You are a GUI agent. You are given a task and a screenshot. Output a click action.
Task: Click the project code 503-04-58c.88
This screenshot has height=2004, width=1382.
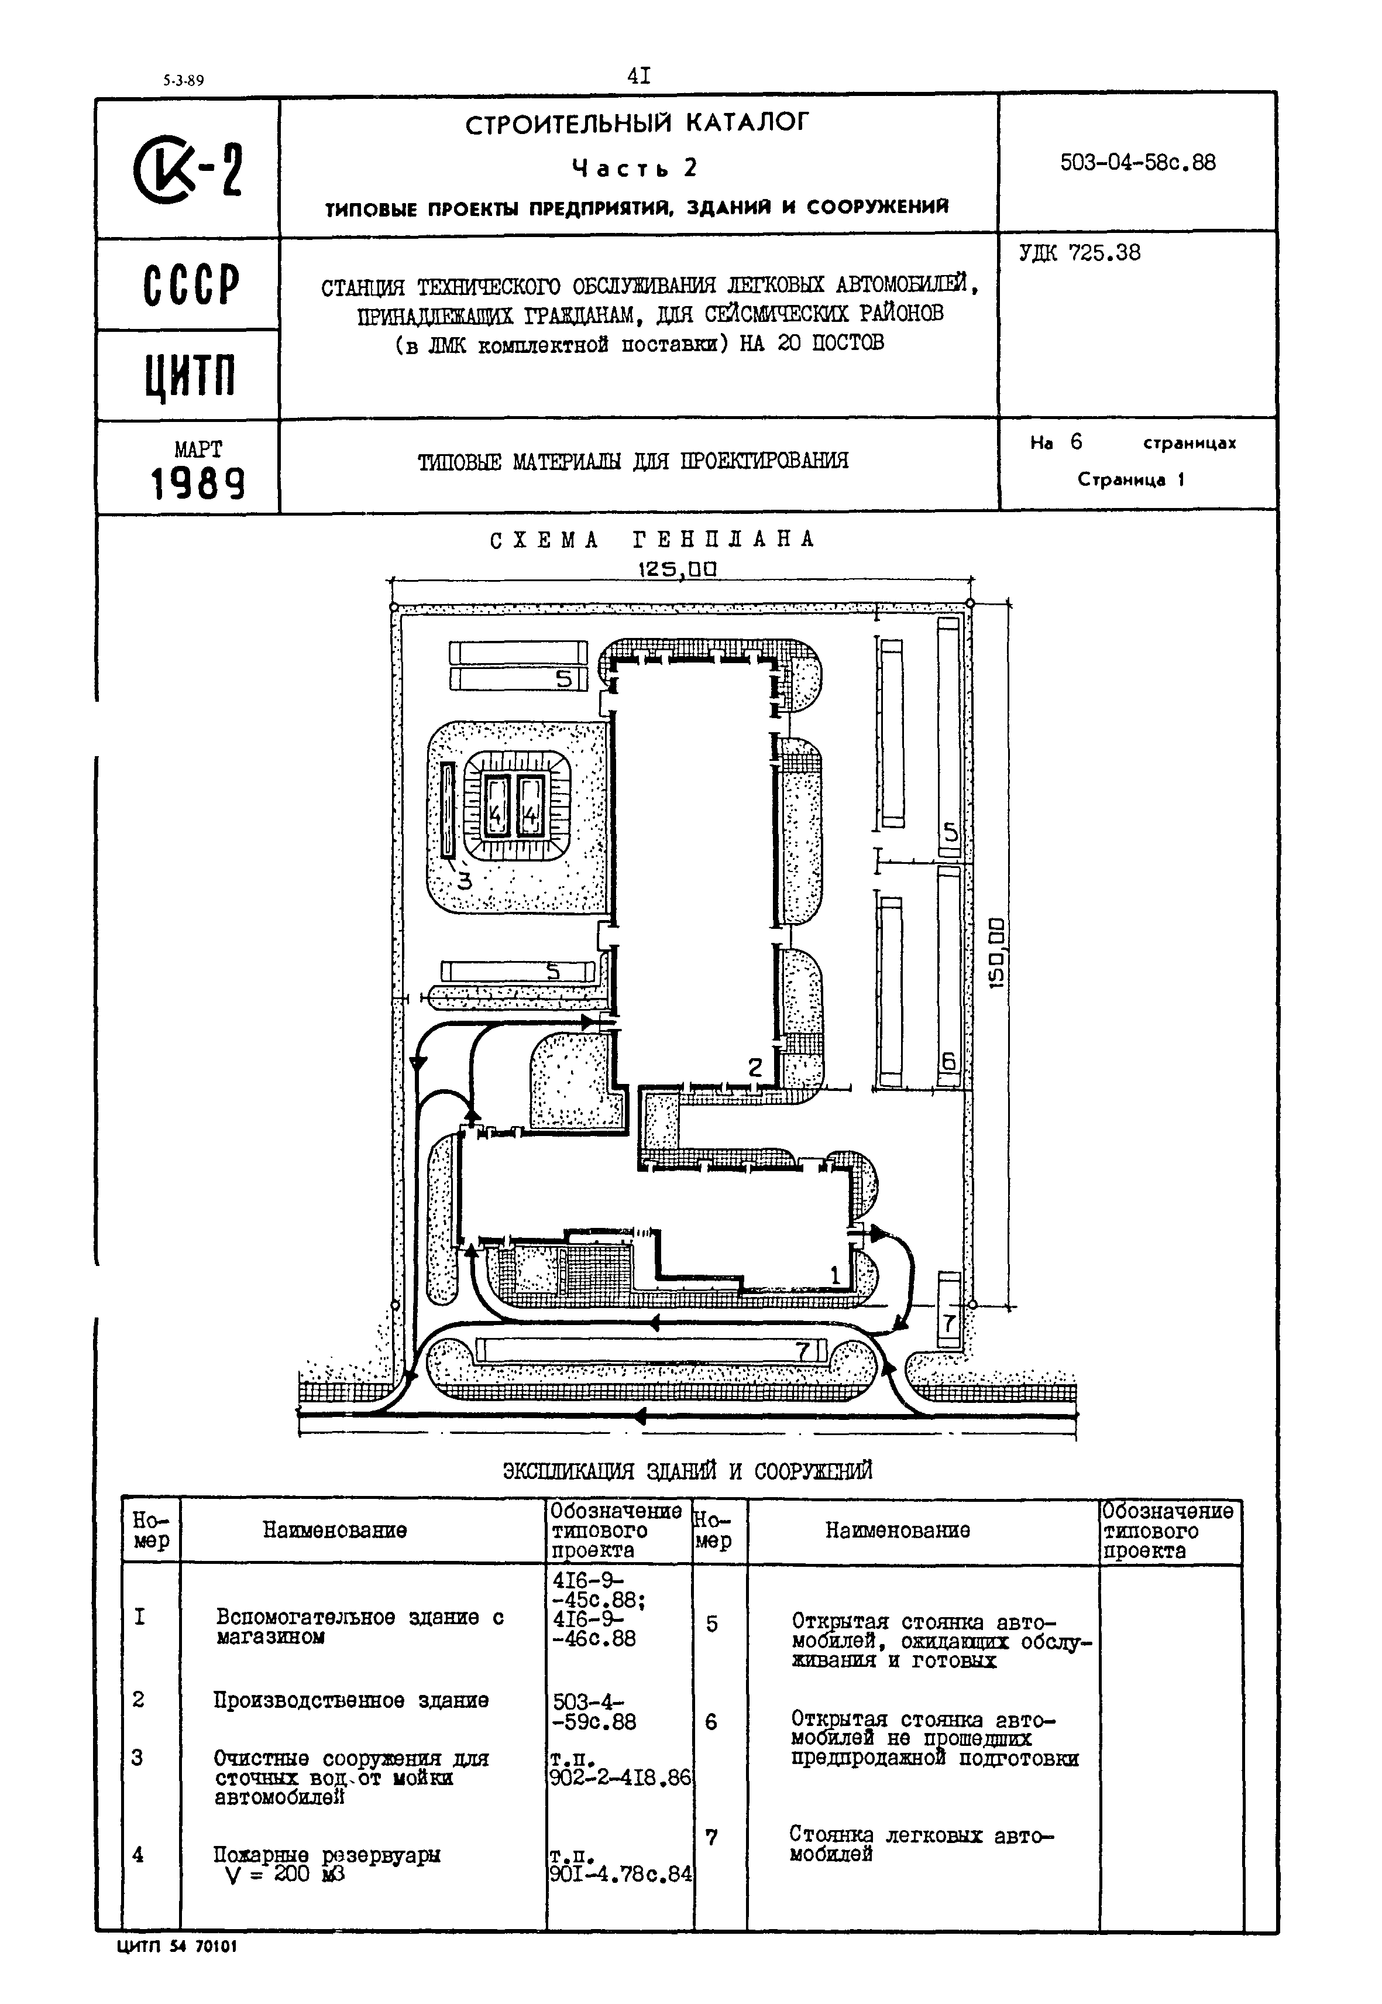(1138, 163)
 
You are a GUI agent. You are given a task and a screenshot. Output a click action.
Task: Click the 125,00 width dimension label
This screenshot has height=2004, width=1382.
(678, 569)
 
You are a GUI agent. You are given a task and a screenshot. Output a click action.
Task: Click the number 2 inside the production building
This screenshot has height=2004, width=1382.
(755, 1068)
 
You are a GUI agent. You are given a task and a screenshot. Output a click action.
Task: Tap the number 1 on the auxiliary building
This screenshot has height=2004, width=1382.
(835, 1275)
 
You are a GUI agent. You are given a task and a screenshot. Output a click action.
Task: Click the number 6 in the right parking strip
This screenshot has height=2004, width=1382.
(949, 1062)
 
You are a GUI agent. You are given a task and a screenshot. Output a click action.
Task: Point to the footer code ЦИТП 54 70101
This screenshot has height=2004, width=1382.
(176, 1946)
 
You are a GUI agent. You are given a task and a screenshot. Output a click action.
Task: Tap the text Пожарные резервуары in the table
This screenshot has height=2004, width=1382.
(326, 1854)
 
